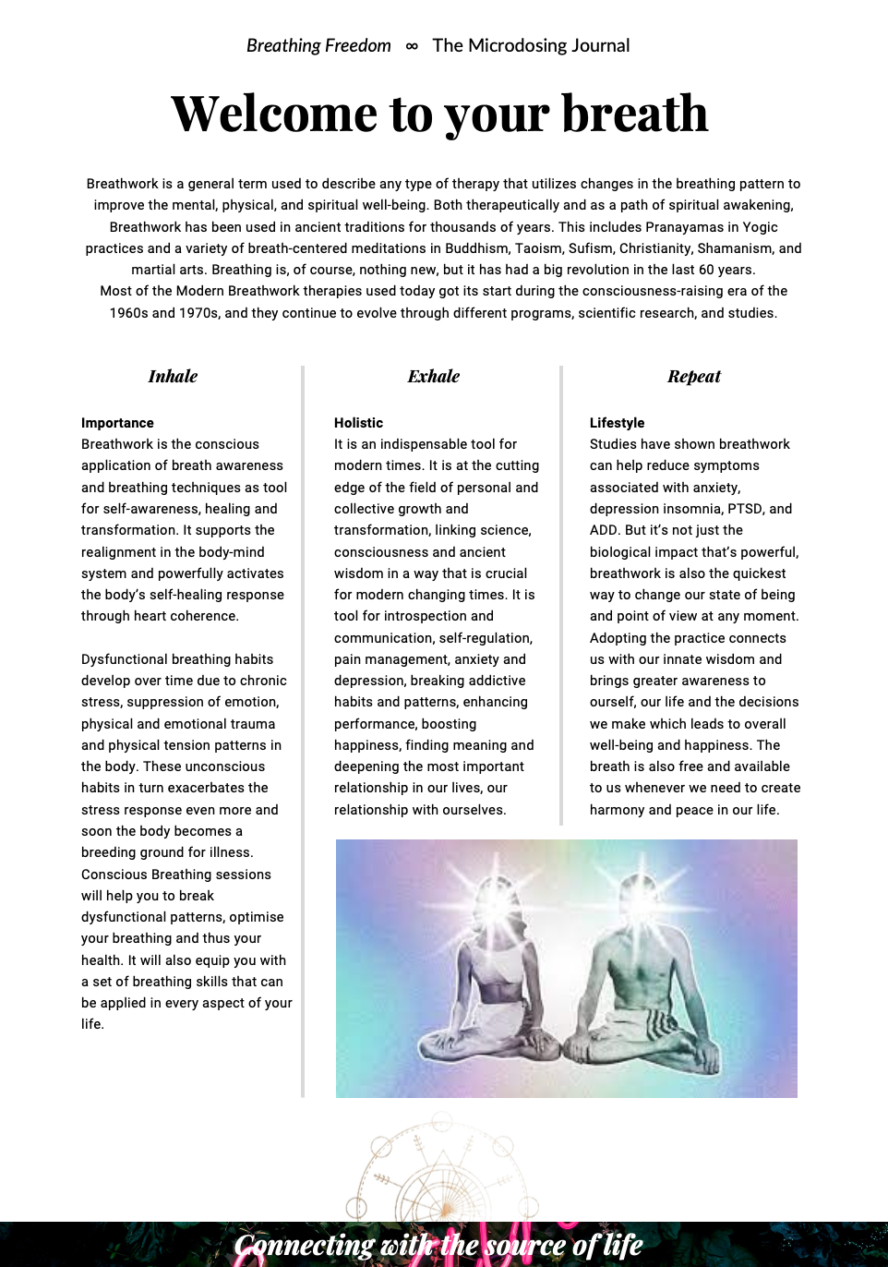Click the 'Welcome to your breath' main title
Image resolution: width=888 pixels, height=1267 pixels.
coord(439,114)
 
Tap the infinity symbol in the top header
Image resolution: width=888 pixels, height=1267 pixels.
coord(412,46)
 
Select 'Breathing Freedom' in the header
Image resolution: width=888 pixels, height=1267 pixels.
coord(318,46)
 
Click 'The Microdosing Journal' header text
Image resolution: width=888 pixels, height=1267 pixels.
coord(531,46)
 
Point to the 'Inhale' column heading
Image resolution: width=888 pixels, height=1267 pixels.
coord(173,377)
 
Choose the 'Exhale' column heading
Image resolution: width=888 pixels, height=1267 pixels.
coord(433,377)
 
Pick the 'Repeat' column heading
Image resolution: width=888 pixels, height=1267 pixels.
coord(693,377)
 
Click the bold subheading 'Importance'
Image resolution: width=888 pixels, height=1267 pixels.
coord(117,423)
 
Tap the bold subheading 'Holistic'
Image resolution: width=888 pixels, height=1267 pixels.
coord(358,423)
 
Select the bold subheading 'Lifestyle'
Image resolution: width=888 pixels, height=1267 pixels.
coord(617,423)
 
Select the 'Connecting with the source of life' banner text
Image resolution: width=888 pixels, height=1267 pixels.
coord(438,1246)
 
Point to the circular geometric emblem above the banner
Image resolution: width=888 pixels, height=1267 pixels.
coord(441,1168)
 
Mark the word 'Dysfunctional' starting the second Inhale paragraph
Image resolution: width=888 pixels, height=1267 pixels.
coord(124,659)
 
